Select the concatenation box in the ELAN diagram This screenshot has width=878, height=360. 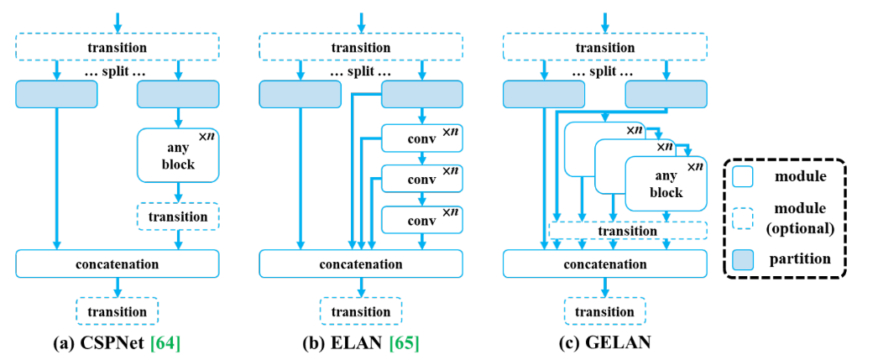click(x=360, y=263)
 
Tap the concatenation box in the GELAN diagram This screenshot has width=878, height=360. click(x=603, y=263)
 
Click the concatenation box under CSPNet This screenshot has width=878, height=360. click(x=117, y=263)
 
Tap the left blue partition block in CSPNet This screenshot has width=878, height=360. click(x=56, y=94)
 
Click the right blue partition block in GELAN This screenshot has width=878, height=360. click(x=666, y=94)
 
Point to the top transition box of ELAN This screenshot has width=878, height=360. click(x=360, y=48)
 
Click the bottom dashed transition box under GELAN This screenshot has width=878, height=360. click(x=603, y=311)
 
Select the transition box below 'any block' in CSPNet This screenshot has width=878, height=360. click(x=177, y=217)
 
